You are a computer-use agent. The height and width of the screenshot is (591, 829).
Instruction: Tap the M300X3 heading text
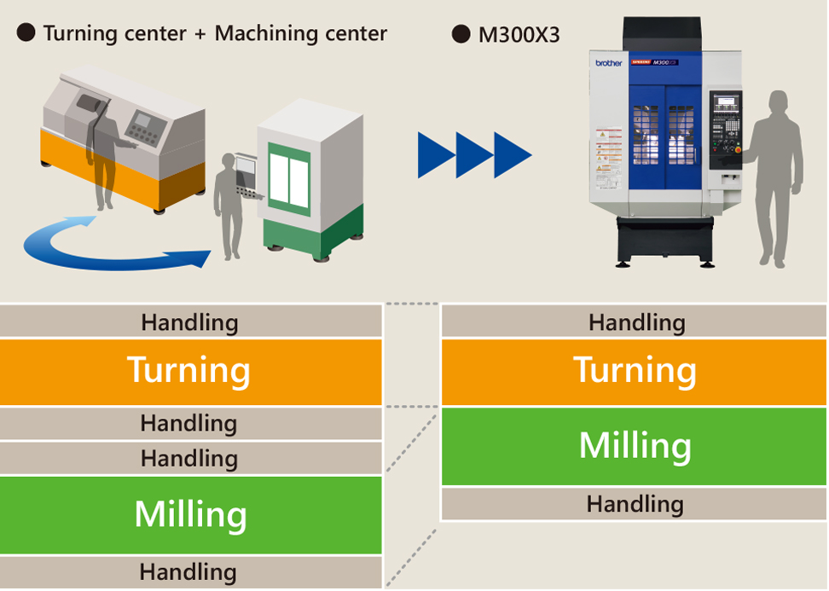click(x=519, y=35)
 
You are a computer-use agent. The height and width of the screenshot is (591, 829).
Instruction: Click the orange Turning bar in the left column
click(x=189, y=371)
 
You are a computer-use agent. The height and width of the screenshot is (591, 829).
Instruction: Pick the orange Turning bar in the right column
click(x=634, y=371)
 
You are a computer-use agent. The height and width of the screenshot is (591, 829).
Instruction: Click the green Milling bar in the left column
click(x=189, y=514)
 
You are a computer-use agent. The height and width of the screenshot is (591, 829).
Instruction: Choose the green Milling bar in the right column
click(x=634, y=446)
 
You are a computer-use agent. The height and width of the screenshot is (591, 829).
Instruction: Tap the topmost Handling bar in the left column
click(x=189, y=322)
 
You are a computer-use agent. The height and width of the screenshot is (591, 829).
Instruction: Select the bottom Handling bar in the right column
click(x=634, y=504)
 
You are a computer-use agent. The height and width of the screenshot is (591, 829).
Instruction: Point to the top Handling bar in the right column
click(x=634, y=322)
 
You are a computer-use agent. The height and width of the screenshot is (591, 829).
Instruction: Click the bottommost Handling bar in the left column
click(x=189, y=572)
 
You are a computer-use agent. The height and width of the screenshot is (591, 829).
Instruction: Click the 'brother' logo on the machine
click(x=609, y=63)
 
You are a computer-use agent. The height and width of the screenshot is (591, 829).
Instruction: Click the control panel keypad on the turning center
click(x=142, y=129)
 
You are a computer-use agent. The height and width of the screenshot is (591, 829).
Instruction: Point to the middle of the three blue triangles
click(x=474, y=155)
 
